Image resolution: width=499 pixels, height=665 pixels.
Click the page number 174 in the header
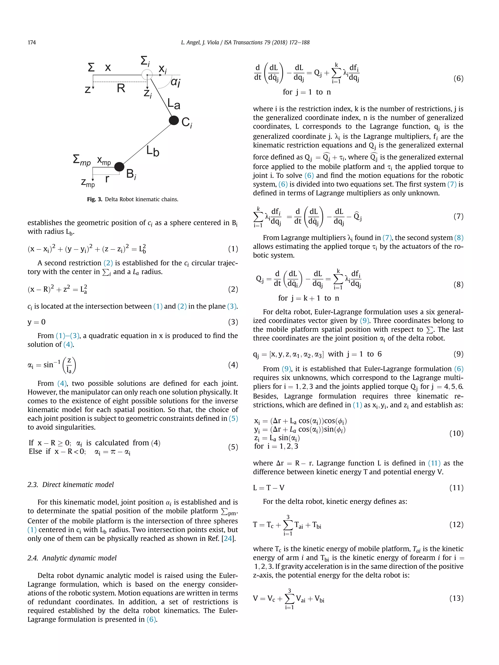coord(32,42)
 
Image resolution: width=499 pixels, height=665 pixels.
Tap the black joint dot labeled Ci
coord(174,121)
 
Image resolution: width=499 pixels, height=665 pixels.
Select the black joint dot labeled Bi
coord(119,166)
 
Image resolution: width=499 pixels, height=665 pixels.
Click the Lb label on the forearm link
coord(153,151)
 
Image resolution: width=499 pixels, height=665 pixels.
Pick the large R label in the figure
coord(121,88)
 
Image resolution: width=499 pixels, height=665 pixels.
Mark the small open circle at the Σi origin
coord(147,75)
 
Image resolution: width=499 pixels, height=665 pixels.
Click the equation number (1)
coord(233,249)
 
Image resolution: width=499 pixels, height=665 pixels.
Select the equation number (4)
coord(233,365)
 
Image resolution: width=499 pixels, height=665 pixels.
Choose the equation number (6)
coord(458,78)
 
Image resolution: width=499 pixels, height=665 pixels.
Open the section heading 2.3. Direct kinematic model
coord(71,485)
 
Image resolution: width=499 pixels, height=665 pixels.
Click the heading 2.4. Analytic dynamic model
coord(72,558)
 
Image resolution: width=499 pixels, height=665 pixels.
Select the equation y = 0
coord(36,322)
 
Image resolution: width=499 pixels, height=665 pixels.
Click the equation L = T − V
coord(268,488)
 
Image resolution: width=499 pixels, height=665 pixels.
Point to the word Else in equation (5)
coord(35,451)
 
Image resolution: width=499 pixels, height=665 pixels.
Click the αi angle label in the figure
coord(175,82)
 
